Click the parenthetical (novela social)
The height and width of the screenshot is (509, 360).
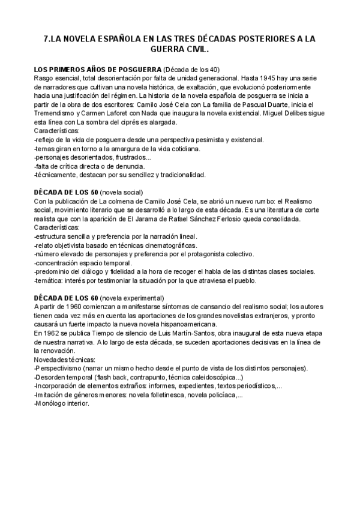119,192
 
